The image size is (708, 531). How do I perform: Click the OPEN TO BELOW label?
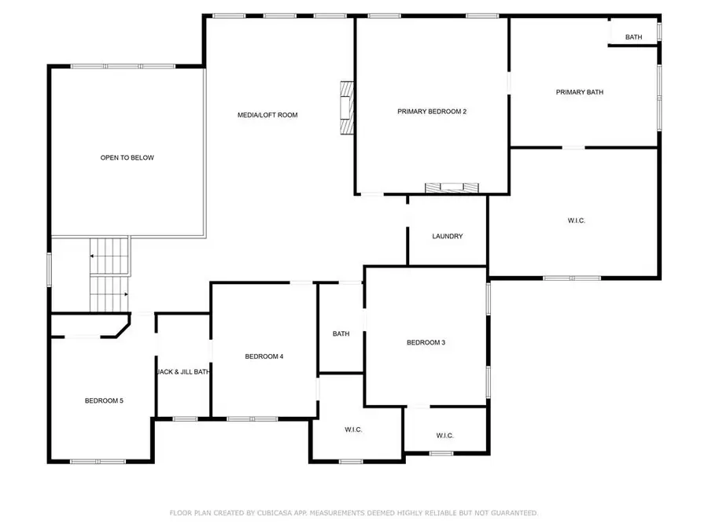coord(127,158)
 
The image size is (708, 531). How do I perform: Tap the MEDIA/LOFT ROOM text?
coord(267,116)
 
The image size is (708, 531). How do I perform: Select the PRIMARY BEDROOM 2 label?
coord(432,112)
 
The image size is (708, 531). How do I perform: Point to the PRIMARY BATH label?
coord(580,93)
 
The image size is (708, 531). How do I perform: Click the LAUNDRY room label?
coord(447,237)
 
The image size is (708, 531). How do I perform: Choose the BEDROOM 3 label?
coord(426,343)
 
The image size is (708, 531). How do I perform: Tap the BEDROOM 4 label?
coord(264,356)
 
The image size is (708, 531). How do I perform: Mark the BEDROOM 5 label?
coord(104,401)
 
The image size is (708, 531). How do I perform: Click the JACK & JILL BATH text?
coord(183,372)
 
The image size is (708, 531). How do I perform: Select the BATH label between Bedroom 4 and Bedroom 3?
coord(341,334)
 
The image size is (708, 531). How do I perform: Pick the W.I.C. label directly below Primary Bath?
coord(577,221)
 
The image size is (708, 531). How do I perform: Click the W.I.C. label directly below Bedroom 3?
coord(444,436)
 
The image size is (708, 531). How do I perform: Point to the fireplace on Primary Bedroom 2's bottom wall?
coord(452,187)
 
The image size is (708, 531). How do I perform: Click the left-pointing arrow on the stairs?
coord(94,256)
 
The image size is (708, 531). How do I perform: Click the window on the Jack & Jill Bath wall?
coord(185,419)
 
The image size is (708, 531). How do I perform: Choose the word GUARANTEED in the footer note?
coord(510,513)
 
